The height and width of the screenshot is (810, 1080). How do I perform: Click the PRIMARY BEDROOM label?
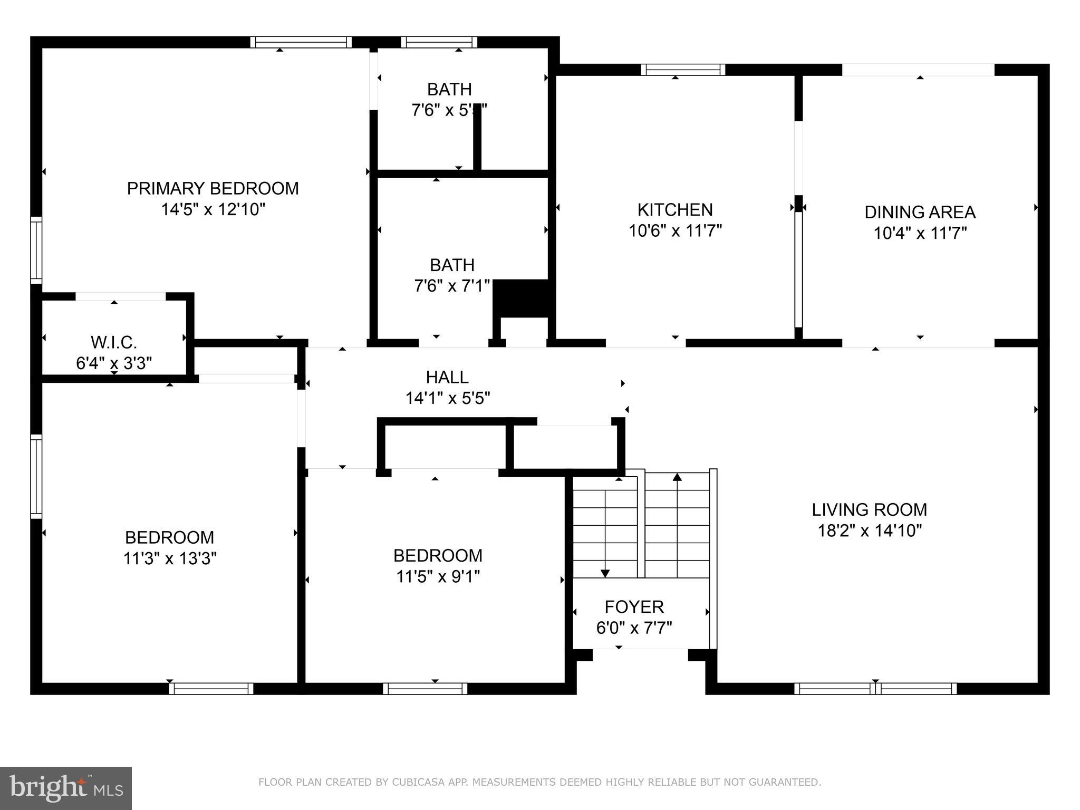click(213, 188)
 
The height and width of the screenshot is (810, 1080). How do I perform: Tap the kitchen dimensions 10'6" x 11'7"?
click(675, 230)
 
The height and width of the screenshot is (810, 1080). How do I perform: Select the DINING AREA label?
click(920, 212)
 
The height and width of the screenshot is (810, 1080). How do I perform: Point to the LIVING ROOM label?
click(869, 509)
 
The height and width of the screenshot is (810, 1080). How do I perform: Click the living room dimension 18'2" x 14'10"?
click(869, 531)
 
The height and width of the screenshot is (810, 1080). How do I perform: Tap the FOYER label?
click(634, 607)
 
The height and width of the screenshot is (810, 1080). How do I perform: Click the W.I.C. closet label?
click(114, 342)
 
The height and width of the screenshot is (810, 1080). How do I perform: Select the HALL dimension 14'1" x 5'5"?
click(447, 398)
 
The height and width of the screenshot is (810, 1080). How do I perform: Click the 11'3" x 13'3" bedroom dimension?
click(170, 558)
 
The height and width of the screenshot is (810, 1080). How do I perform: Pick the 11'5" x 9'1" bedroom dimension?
click(438, 576)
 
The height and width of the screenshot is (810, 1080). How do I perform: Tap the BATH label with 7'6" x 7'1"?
click(452, 265)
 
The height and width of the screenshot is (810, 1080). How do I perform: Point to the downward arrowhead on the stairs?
click(605, 573)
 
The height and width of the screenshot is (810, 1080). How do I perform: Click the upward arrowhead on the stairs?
click(677, 477)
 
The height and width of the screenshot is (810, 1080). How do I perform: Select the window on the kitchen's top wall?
click(683, 70)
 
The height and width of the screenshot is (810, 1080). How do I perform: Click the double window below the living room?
click(875, 688)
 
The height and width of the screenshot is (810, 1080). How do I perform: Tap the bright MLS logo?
click(65, 788)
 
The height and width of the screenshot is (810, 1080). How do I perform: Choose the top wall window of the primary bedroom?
click(301, 42)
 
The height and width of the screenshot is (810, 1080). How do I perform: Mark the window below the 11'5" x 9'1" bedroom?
click(425, 688)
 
